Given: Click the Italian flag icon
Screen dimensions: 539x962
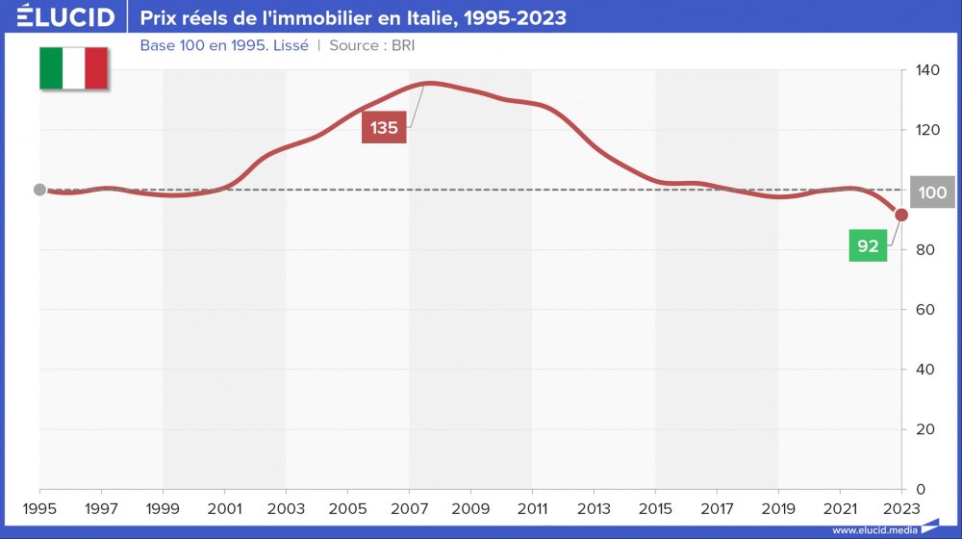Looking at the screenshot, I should pyautogui.click(x=73, y=67).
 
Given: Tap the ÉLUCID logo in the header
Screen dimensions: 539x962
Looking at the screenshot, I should pyautogui.click(x=66, y=17).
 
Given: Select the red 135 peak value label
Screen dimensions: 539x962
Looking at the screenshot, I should pyautogui.click(x=384, y=128).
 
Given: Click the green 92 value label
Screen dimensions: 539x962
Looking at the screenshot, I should pyautogui.click(x=868, y=246).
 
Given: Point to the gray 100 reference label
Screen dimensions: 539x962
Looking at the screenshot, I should pyautogui.click(x=932, y=192).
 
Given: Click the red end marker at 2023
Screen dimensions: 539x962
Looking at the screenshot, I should pyautogui.click(x=901, y=215).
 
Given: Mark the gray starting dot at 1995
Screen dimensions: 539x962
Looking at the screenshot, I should pyautogui.click(x=39, y=190).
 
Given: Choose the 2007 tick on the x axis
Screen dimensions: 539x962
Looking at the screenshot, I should pyautogui.click(x=409, y=507).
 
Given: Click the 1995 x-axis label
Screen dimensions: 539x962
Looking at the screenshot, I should pyautogui.click(x=39, y=507).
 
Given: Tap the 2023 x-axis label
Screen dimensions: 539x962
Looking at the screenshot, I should pyautogui.click(x=901, y=507).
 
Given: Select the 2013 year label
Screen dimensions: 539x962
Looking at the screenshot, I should pyautogui.click(x=594, y=507).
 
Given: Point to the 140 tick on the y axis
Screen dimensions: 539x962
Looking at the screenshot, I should pyautogui.click(x=926, y=70).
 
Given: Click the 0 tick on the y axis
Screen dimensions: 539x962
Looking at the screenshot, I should pyautogui.click(x=919, y=489).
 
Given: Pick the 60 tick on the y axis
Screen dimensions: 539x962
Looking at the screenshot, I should pyautogui.click(x=924, y=310).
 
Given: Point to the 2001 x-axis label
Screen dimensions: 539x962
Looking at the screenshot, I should pyautogui.click(x=224, y=507).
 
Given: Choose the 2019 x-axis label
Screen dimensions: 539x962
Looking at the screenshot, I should pyautogui.click(x=778, y=507).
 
